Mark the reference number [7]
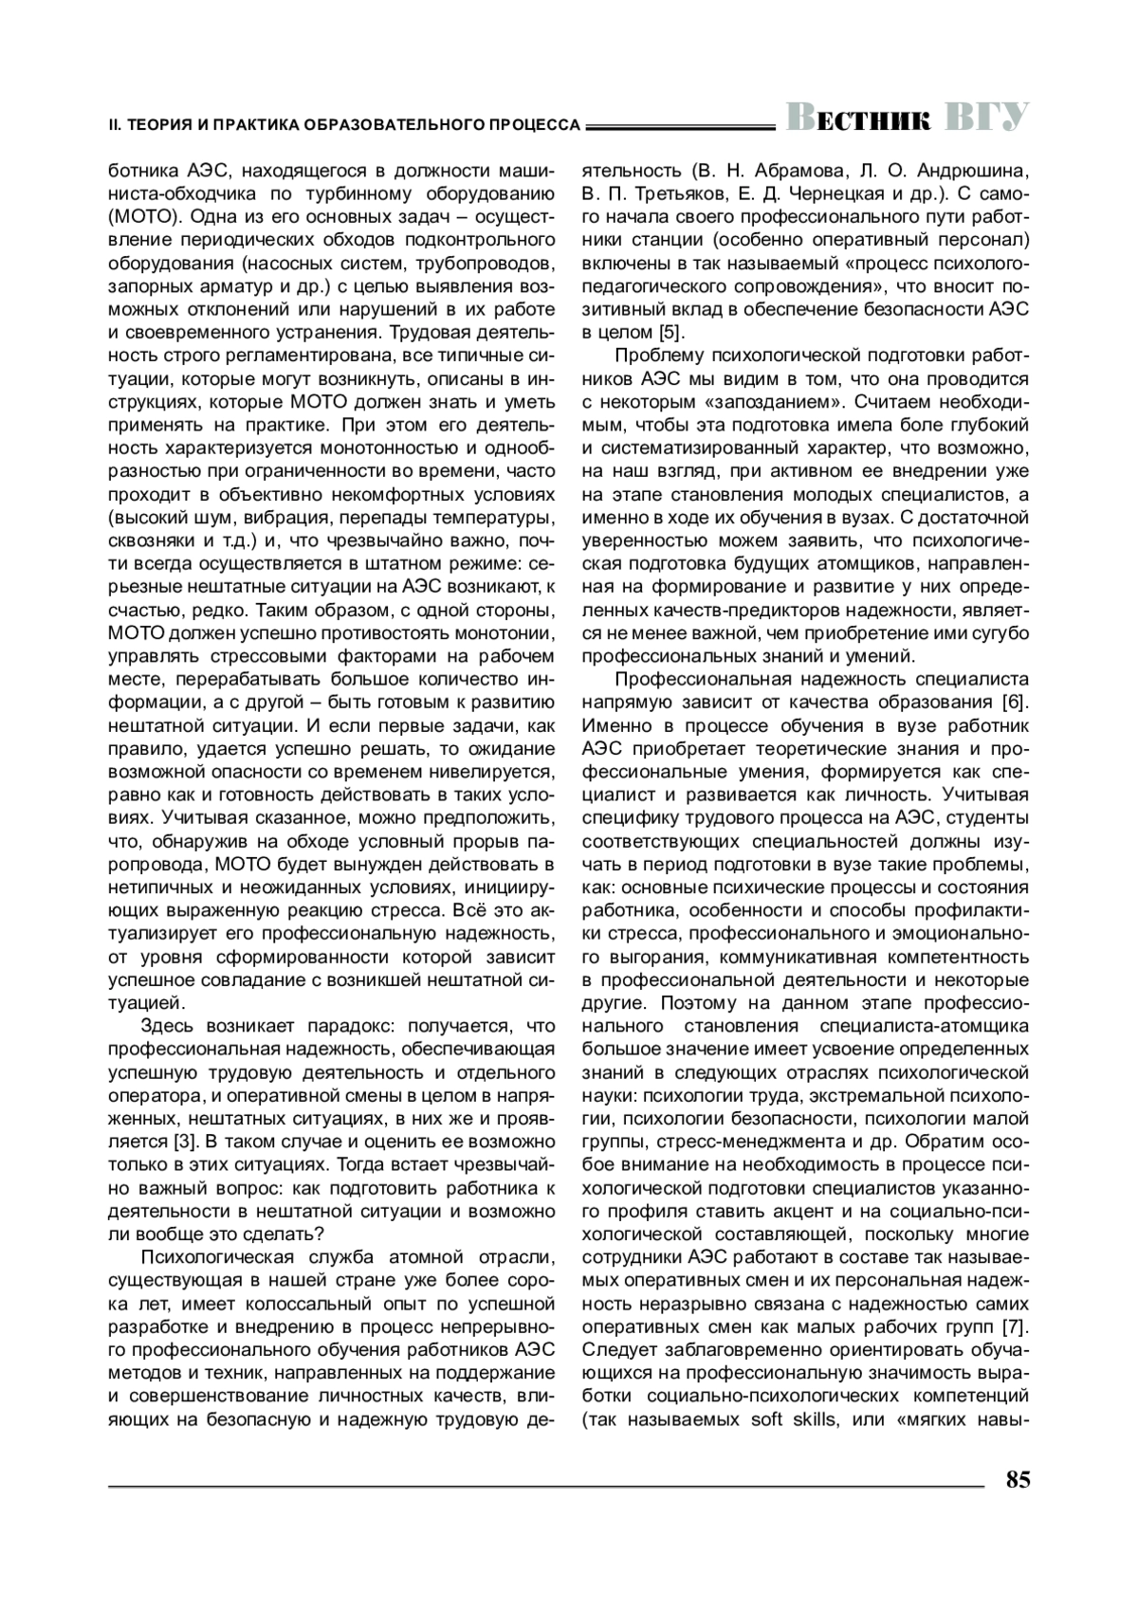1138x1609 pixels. [x=1015, y=1326]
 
